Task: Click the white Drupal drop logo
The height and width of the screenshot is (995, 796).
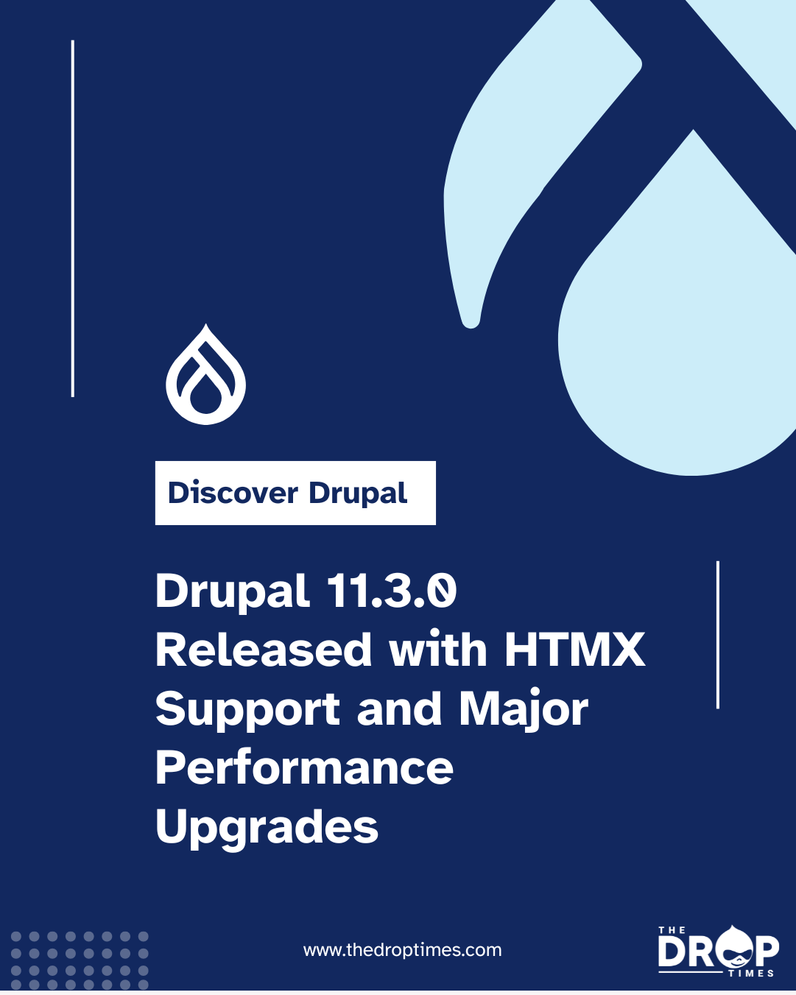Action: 205,376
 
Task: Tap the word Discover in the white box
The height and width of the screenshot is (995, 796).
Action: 233,493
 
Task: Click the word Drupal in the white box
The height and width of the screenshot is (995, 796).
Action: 358,493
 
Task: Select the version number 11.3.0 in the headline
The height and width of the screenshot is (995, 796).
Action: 391,591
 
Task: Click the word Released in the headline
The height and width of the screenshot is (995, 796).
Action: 264,650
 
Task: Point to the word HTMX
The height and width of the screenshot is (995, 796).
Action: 574,650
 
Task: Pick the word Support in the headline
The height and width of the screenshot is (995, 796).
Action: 248,710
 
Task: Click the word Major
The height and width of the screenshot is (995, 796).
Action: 524,710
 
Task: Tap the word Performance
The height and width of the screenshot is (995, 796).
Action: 304,768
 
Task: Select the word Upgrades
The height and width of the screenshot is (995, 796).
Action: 267,828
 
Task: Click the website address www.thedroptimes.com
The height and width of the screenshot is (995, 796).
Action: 402,950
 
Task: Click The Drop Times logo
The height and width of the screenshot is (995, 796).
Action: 718,951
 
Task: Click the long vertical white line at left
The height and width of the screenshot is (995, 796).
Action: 73,219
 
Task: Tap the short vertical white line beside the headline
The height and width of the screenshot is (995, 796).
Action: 717,635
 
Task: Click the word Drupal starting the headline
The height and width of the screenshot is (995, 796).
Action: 232,592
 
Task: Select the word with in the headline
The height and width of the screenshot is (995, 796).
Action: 438,650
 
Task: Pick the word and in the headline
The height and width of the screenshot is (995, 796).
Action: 398,709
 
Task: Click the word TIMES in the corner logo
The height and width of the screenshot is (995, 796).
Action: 751,974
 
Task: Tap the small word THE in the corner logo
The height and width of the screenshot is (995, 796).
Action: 672,930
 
